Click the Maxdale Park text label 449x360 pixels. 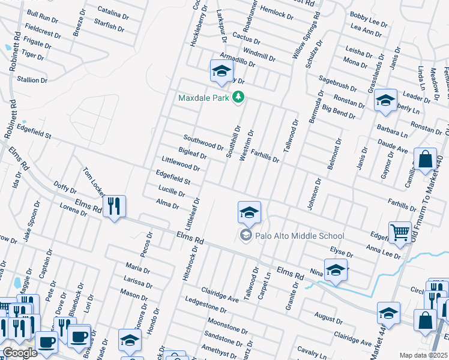point(204,97)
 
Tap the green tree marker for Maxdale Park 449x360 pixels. point(239,97)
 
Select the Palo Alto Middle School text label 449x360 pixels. point(300,236)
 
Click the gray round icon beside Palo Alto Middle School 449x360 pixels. point(245,235)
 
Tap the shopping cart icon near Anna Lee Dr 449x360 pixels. point(400,232)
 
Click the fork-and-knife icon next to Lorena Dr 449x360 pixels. point(113,206)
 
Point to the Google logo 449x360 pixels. point(19,353)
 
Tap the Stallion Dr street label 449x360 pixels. point(32,80)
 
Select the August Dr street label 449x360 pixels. point(328,315)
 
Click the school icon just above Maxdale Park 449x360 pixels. point(221,71)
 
